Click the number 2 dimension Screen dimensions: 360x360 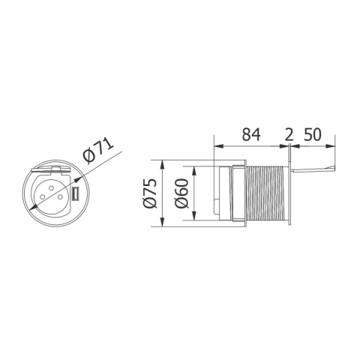pos(289,136)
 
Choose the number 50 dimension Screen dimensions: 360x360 pos(313,136)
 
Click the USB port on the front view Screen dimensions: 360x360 pos(76,196)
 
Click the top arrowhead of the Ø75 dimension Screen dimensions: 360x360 pos(163,163)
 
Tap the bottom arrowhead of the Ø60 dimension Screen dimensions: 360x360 pos(193,220)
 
